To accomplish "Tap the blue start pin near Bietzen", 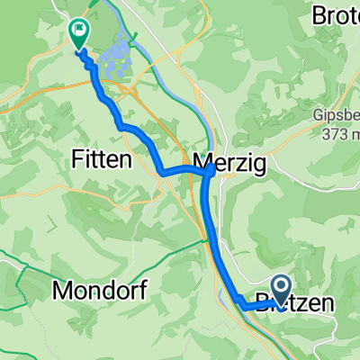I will [279, 291].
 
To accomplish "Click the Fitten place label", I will [101, 159].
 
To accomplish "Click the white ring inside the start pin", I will [279, 287].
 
